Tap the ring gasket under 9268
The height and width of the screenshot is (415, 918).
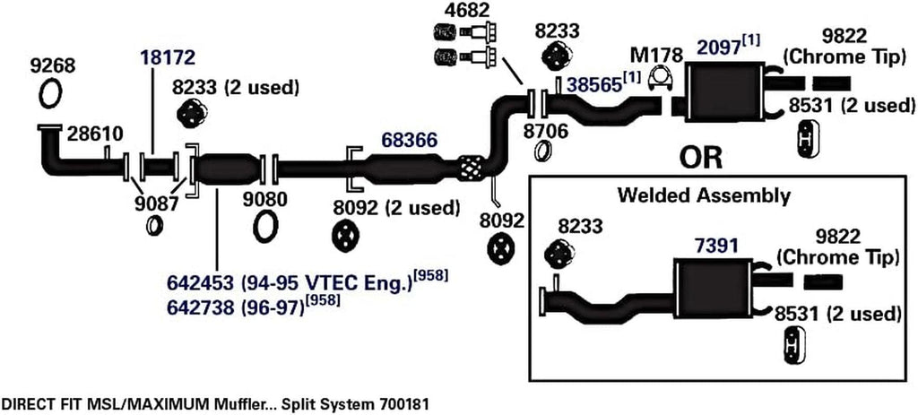click(x=51, y=92)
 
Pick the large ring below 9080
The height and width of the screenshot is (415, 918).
click(x=265, y=227)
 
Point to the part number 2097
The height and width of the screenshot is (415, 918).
click(x=714, y=42)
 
